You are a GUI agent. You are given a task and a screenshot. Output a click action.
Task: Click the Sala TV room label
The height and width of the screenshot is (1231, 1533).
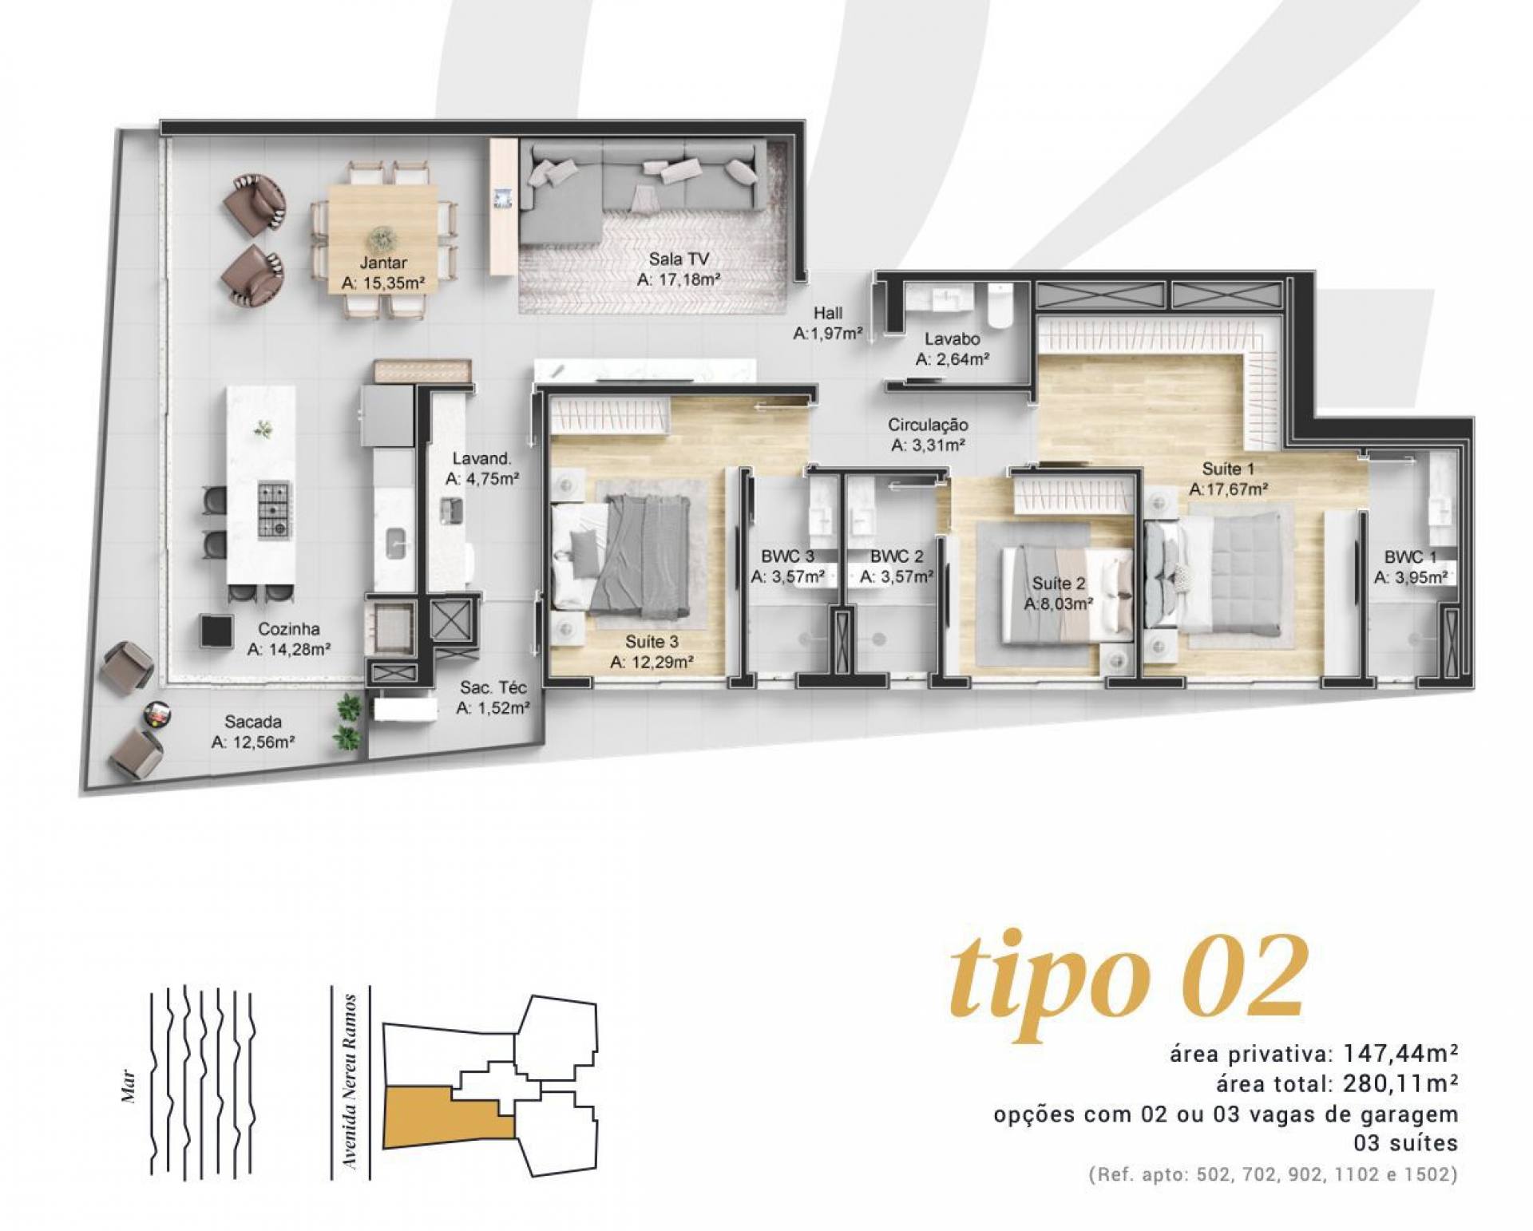(679, 259)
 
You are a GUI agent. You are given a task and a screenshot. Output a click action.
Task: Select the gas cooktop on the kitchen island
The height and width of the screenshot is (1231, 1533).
(274, 509)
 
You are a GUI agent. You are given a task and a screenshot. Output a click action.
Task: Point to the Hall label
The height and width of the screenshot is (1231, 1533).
(828, 313)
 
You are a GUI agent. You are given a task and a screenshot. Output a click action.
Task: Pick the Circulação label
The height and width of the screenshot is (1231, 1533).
(928, 426)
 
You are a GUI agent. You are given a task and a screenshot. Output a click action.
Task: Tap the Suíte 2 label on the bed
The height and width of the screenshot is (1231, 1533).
(1058, 584)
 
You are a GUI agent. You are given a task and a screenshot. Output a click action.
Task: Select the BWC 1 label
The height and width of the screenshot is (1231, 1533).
(1409, 557)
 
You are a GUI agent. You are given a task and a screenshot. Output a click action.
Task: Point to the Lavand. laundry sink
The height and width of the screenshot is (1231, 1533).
(452, 511)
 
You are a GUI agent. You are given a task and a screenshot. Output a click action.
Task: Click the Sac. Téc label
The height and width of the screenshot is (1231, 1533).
(493, 687)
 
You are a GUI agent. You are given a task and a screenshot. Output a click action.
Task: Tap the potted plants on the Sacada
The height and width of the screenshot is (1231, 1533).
(348, 722)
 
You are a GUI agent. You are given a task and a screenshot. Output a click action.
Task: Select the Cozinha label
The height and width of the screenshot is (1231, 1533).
(289, 628)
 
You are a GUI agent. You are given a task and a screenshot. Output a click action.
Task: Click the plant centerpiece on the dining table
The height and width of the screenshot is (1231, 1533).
(382, 237)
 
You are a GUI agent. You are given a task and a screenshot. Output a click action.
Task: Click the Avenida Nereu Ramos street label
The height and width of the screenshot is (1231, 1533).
(348, 1083)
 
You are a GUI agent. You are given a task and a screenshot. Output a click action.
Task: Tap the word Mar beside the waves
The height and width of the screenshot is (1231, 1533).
(129, 1087)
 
